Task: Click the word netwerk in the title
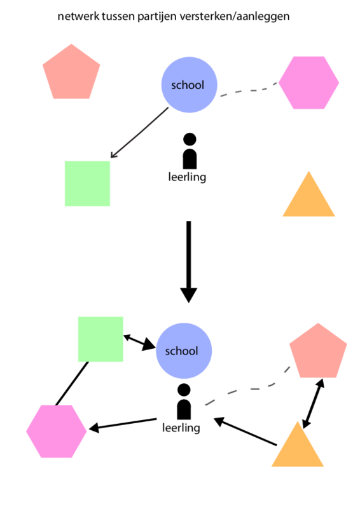tap(78, 17)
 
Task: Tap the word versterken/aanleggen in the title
tap(234, 17)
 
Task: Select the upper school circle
tap(189, 85)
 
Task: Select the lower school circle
tap(184, 351)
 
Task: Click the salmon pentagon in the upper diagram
tap(71, 72)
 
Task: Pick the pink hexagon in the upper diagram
tap(308, 83)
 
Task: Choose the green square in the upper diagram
tap(87, 184)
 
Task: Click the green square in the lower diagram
tap(100, 339)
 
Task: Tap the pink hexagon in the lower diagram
tap(57, 431)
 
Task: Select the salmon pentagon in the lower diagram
tap(318, 351)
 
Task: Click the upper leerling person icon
tap(190, 151)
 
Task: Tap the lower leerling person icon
tap(184, 402)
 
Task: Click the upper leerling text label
tap(187, 177)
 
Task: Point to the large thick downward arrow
tap(189, 262)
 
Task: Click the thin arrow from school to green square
tap(139, 133)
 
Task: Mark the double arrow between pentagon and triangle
tap(313, 404)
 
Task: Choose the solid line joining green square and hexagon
tap(72, 384)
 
